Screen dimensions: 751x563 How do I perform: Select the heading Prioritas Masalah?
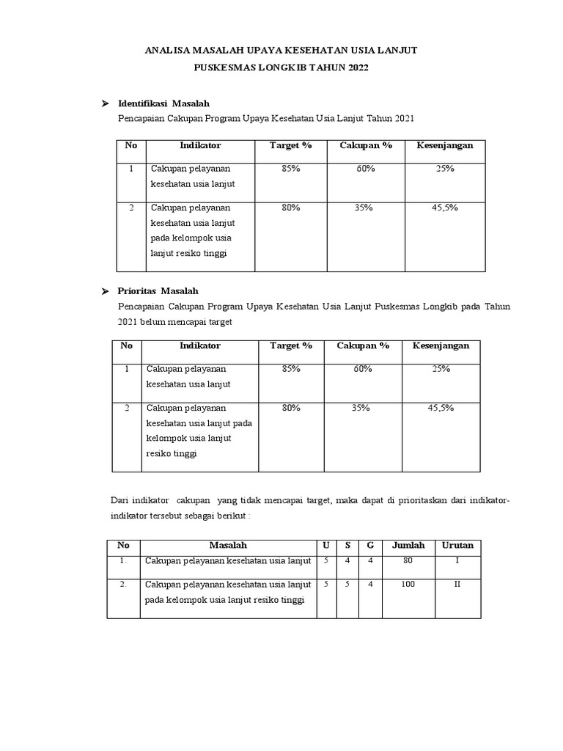(158, 291)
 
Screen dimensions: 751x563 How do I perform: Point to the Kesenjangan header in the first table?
(444, 145)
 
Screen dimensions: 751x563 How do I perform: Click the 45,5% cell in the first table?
(444, 208)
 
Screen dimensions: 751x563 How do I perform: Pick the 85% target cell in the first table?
(290, 168)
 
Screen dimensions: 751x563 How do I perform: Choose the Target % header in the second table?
(291, 345)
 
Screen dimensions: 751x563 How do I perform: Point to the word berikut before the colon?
(231, 515)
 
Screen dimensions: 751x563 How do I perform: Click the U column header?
(325, 546)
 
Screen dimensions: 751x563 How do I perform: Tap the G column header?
(370, 546)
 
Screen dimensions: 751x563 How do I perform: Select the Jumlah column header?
(408, 546)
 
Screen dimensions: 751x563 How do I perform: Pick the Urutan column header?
(457, 546)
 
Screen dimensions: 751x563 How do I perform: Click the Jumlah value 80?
(408, 561)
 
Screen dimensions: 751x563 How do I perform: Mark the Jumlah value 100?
(408, 585)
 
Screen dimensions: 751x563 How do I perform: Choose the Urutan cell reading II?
(457, 585)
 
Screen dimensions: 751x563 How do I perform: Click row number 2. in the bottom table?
(123, 585)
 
